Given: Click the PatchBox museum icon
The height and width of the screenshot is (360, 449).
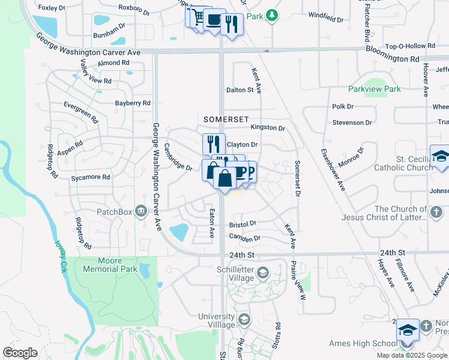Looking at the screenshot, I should click(140, 211).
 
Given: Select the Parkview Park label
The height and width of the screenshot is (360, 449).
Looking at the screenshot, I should click(374, 89).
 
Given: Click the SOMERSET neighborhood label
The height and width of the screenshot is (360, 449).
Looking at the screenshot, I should click(225, 119).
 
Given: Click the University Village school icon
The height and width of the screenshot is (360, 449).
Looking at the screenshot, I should click(243, 320).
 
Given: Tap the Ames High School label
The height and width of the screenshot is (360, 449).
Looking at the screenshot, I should click(363, 344).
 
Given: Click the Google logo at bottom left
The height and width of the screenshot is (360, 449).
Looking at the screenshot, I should click(20, 353).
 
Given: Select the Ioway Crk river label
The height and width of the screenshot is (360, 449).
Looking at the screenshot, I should click(59, 257).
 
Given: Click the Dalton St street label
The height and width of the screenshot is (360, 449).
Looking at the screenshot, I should click(240, 90).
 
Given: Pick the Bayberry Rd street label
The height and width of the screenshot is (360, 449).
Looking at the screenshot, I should click(133, 103).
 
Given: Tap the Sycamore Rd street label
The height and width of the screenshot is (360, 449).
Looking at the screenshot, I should click(90, 178).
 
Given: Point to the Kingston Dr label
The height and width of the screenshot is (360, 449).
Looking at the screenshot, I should click(267, 128).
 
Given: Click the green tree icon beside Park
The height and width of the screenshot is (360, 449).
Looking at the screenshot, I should click(272, 14).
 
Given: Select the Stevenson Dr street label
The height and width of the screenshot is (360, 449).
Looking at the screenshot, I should click(352, 122).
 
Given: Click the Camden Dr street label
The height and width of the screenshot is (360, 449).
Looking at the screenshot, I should click(244, 238).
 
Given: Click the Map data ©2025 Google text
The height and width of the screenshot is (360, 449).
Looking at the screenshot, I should click(412, 355).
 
